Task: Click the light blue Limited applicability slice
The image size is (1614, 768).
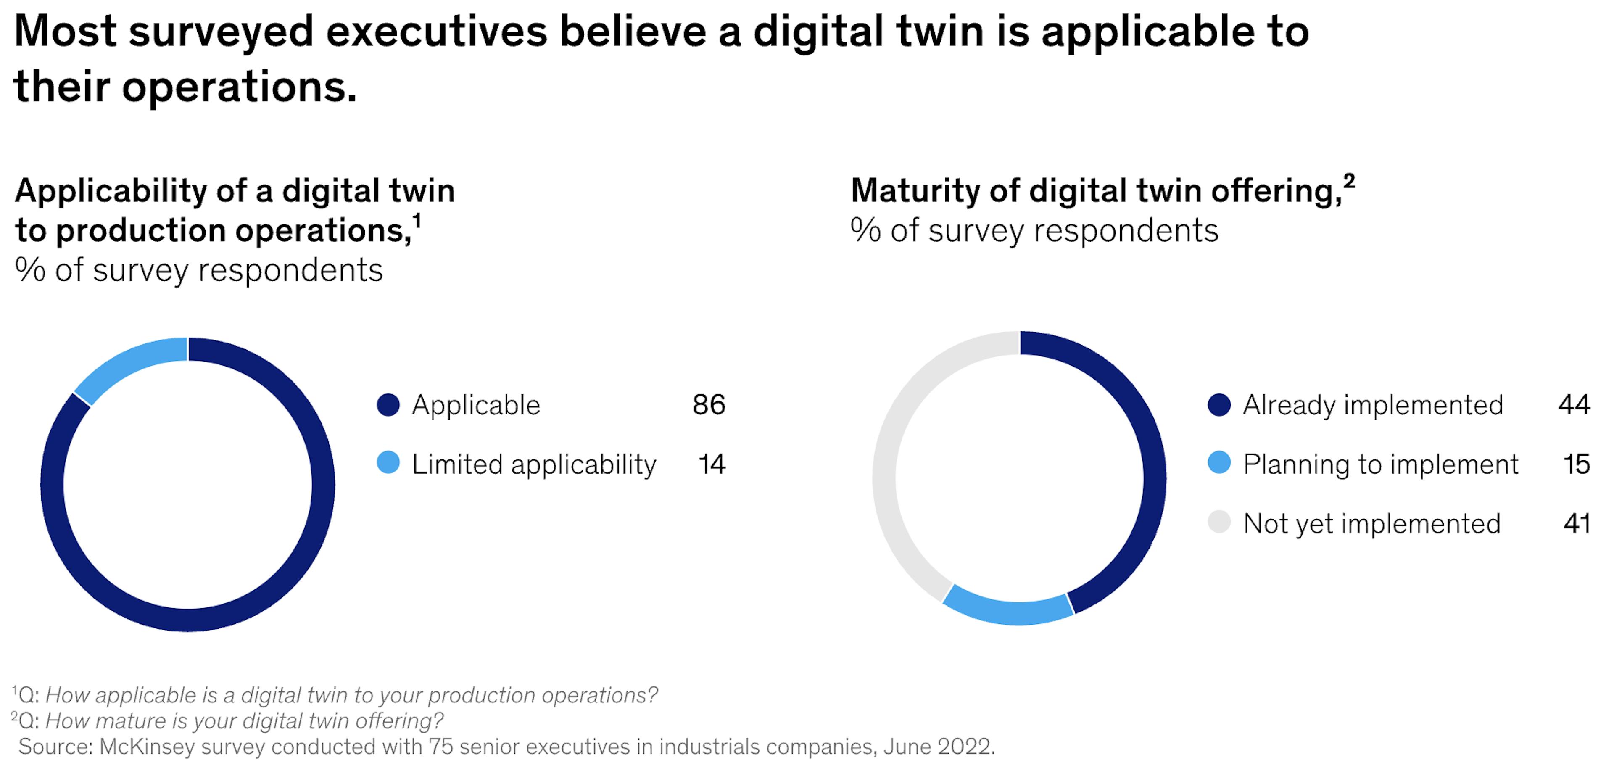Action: pos(125,365)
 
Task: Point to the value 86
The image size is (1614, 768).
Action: pos(709,405)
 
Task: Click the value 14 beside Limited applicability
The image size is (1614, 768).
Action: pos(711,464)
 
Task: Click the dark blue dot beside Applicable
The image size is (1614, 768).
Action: pos(388,405)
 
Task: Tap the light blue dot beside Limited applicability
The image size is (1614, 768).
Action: pos(388,463)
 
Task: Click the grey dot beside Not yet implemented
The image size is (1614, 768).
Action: pos(1218,522)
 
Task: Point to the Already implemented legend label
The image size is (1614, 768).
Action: pos(1372,405)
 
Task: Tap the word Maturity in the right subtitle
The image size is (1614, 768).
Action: pos(915,191)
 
